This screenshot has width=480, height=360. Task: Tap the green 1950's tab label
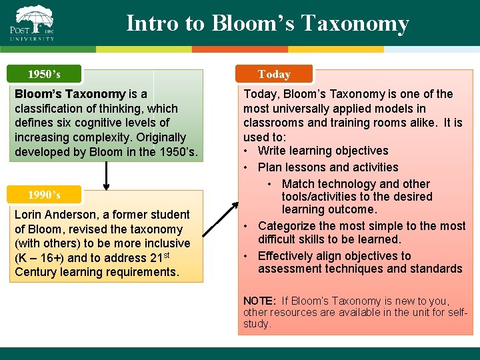tap(44, 73)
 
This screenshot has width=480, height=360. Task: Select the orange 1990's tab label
tap(44, 195)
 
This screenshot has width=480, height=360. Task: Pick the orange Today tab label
tap(274, 74)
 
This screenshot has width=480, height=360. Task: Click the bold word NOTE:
tap(259, 301)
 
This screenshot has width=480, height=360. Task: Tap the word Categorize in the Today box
tap(287, 226)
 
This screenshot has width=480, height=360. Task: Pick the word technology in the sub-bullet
tap(345, 184)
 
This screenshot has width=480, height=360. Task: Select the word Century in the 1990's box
tap(37, 272)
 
